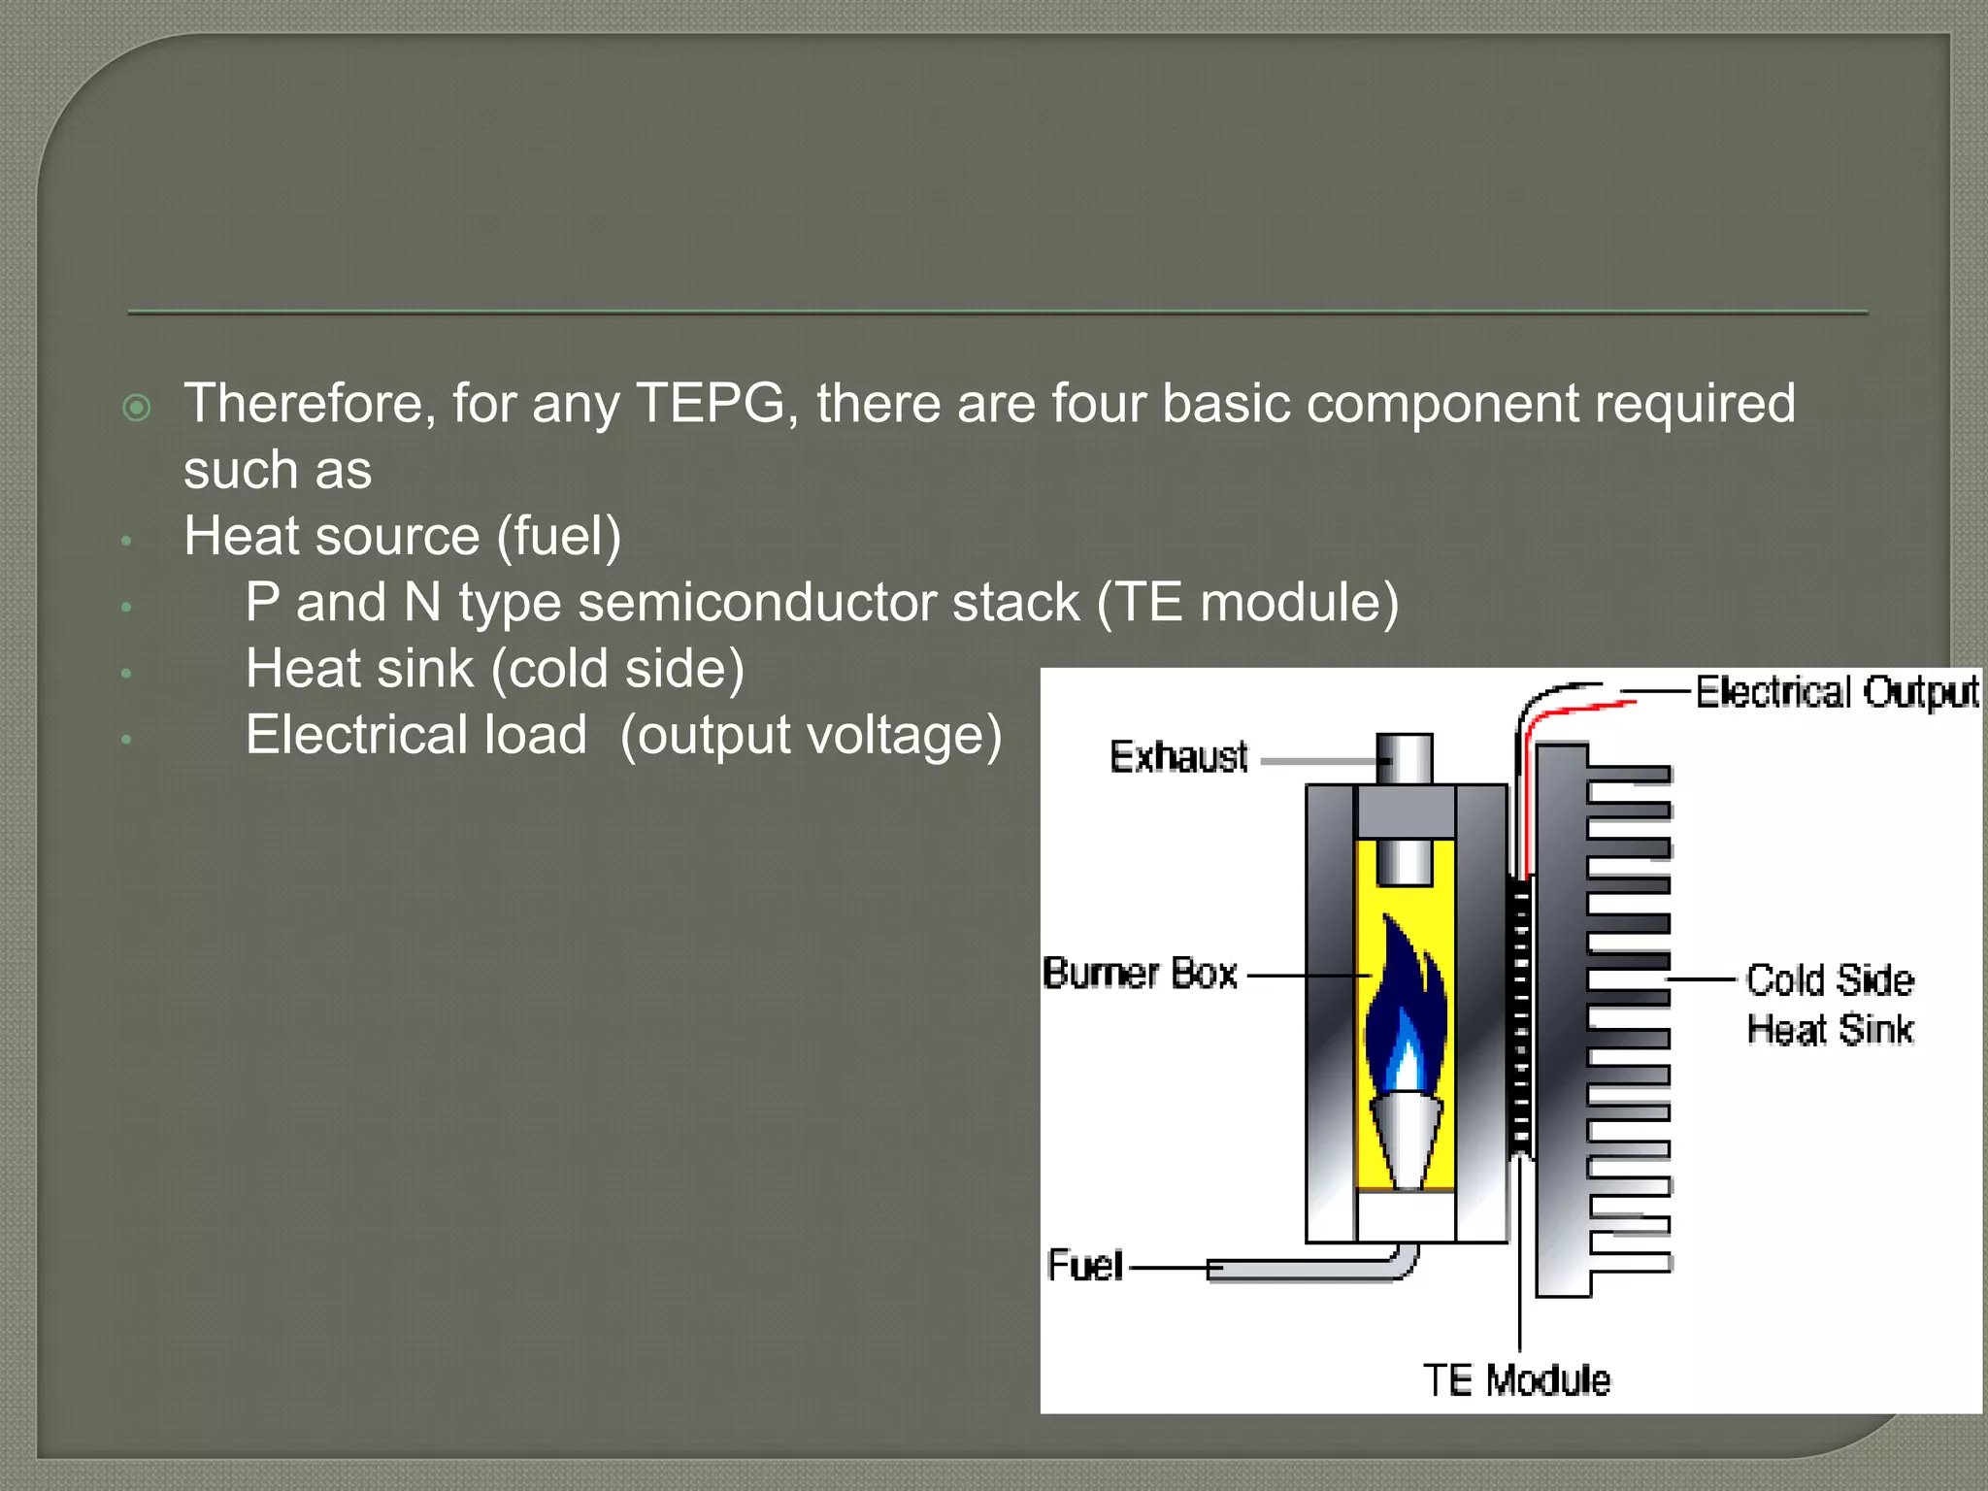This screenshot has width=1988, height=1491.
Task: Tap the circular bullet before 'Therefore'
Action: coord(138,408)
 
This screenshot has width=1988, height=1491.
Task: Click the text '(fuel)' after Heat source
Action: coord(559,537)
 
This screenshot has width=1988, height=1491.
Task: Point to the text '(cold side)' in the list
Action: coord(617,670)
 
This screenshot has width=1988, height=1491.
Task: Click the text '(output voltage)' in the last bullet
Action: coord(811,736)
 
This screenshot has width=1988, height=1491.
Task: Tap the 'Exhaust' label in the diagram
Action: coord(1178,757)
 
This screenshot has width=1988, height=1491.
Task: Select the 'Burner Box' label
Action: coord(1140,974)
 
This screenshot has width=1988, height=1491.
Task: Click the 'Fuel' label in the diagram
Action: coord(1084,1266)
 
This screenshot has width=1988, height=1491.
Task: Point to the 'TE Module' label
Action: coord(1516,1380)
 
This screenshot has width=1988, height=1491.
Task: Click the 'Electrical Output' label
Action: coord(1837,693)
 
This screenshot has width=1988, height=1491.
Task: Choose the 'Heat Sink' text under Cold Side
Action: coord(1830,1030)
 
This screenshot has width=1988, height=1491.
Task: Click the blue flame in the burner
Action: coord(1405,1010)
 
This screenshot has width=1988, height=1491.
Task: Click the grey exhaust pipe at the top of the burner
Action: coord(1405,759)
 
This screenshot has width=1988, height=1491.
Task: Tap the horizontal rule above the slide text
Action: coord(997,313)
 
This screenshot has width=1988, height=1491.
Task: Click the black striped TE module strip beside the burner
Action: coord(1521,1019)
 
